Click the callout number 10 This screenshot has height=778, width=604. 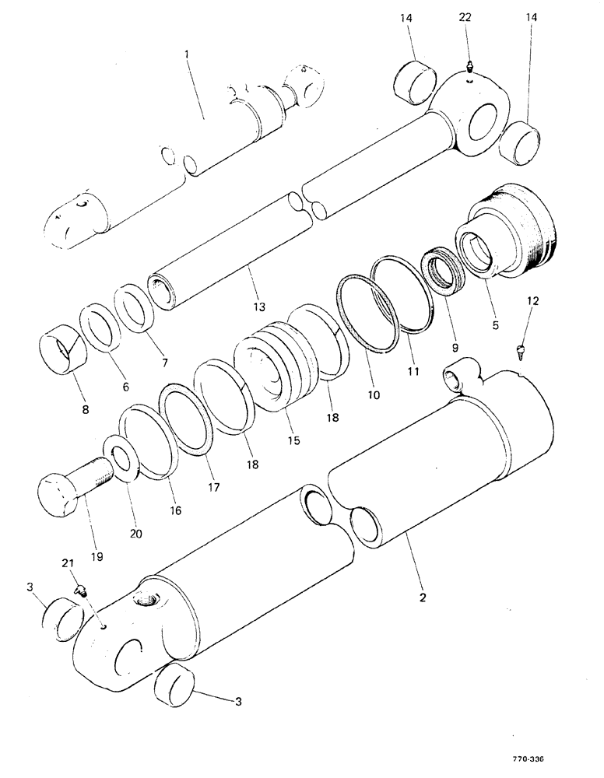tap(374, 395)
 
